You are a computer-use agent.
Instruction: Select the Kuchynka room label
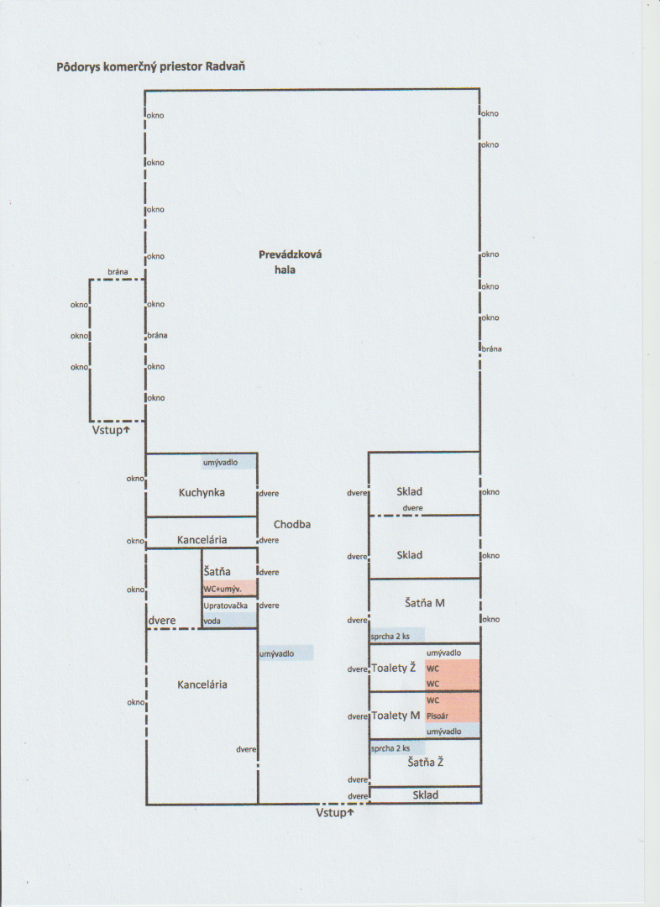point(202,492)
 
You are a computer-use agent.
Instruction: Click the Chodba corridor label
point(292,524)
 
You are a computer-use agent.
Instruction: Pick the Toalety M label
point(395,716)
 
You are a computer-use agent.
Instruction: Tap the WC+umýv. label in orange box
point(224,589)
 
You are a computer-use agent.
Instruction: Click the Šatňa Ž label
point(425,763)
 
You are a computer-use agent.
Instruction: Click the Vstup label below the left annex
point(111,430)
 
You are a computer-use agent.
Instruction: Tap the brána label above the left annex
point(118,272)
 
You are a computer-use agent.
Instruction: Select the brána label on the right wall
point(490,349)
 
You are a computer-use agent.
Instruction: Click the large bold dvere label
point(162,621)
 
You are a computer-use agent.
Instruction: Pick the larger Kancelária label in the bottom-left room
point(202,684)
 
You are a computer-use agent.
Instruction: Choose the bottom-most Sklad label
point(425,794)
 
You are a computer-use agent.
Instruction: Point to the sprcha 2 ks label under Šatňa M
point(390,637)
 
